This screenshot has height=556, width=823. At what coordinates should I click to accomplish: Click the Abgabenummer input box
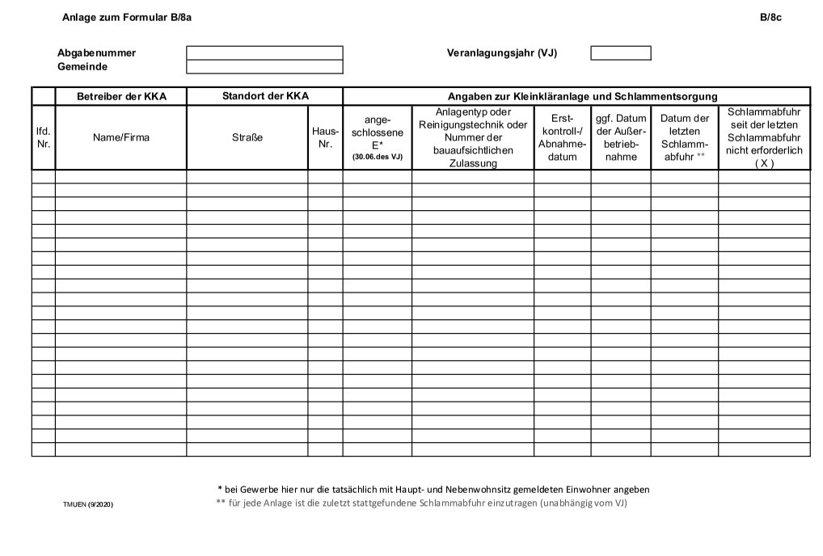[264, 53]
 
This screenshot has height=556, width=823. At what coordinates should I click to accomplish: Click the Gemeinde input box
[264, 67]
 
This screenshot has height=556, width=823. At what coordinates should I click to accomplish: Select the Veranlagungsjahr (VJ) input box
[620, 53]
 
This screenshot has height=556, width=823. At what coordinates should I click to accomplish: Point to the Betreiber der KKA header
[121, 97]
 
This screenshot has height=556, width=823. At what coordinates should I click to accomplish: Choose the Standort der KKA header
[265, 96]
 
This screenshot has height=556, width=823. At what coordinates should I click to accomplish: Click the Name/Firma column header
[121, 137]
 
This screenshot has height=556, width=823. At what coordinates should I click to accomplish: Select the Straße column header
[247, 137]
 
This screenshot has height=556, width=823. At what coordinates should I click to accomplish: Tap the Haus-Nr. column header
[325, 137]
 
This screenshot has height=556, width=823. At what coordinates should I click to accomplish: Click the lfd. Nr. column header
[44, 137]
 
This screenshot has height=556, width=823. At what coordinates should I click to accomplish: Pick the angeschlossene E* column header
[378, 137]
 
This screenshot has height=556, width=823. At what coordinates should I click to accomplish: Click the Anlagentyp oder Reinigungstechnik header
[473, 137]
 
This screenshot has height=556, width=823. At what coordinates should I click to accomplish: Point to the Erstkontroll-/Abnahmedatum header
[562, 137]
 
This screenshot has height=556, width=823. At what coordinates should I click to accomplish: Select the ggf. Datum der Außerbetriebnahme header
[621, 137]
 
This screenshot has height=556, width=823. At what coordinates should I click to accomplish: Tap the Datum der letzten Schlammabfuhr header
[684, 137]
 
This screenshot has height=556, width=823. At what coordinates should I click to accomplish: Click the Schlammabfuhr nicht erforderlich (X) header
[764, 137]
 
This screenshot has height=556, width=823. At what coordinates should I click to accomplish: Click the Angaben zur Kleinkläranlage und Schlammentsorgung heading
[576, 97]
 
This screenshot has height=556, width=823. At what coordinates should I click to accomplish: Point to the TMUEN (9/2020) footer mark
[88, 504]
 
